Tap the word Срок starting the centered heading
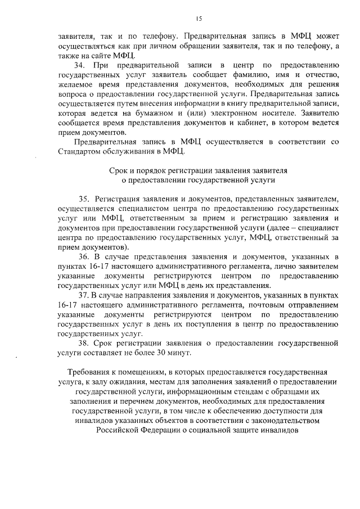pyautogui.click(x=119, y=170)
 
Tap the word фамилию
pyautogui.click(x=269, y=75)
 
